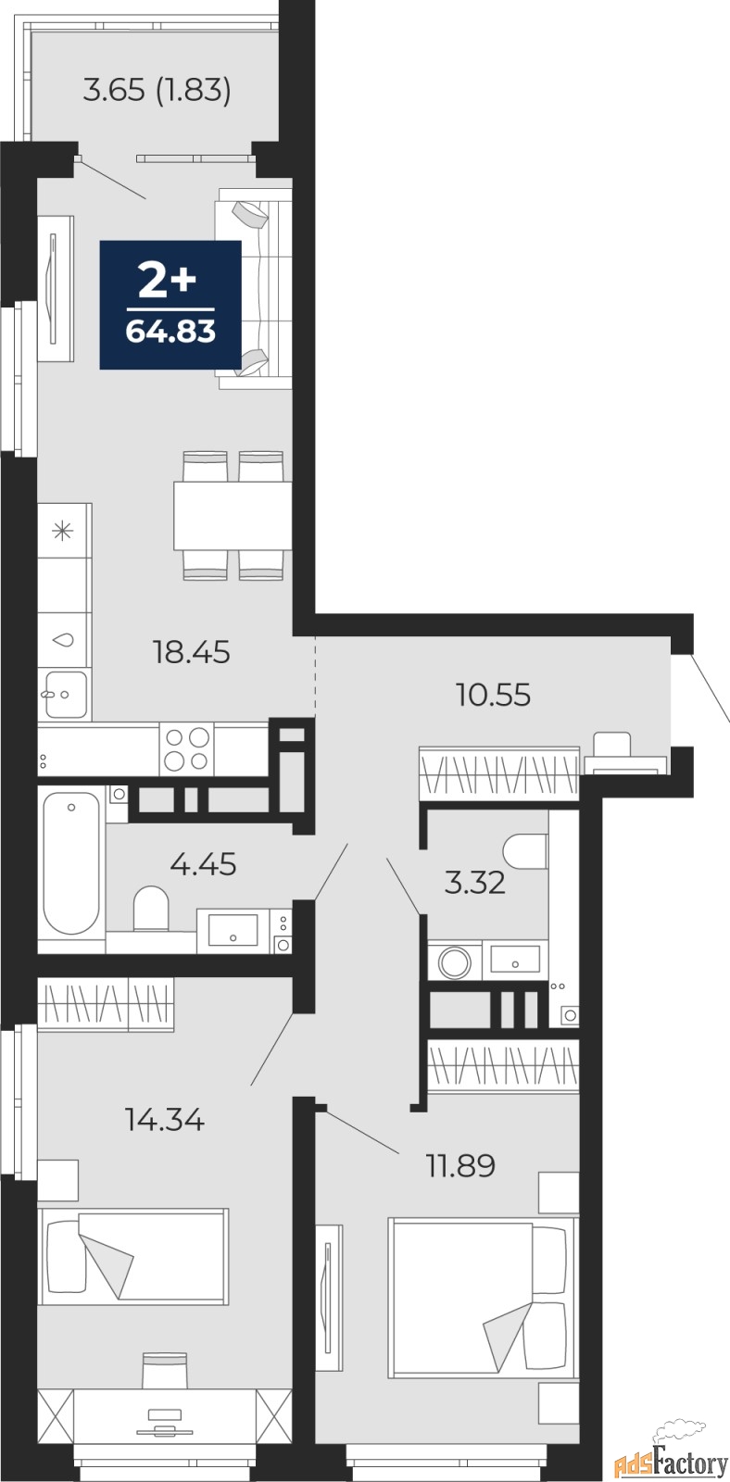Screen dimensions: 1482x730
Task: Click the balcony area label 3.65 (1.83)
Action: tap(157, 91)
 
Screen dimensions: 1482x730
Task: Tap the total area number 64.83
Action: tap(170, 331)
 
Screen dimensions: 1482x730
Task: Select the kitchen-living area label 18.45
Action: tap(191, 652)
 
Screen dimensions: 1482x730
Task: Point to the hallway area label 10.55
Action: tap(493, 694)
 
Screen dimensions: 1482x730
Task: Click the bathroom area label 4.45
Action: tap(203, 864)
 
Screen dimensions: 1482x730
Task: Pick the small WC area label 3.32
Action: tap(474, 883)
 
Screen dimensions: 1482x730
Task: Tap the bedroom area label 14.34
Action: tap(164, 1120)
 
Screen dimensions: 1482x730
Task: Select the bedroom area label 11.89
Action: tap(459, 1164)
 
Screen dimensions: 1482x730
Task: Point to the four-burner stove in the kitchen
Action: tap(186, 749)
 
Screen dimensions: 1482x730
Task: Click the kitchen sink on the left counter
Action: tap(64, 693)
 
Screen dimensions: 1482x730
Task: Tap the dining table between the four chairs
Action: tap(229, 516)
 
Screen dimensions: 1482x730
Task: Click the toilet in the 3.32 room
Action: tap(525, 850)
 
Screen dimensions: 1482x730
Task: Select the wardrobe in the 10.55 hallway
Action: tap(498, 772)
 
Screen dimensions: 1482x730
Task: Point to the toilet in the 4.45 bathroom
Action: tap(150, 909)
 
